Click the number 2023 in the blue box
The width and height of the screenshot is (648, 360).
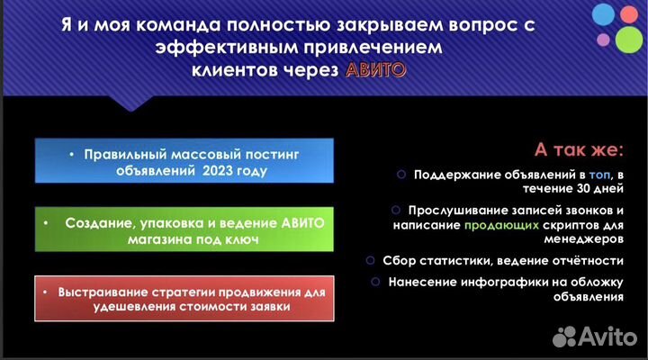pyautogui.click(x=220, y=171)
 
